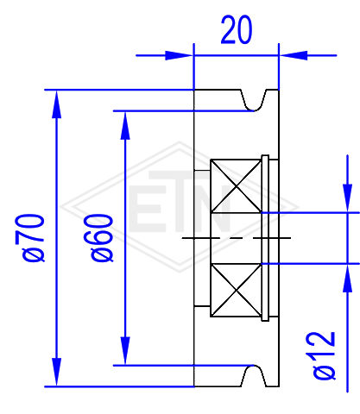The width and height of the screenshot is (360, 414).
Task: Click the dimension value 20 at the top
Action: click(x=237, y=30)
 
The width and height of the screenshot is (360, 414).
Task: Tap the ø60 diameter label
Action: click(x=102, y=238)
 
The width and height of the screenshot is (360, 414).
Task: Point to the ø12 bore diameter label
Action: click(x=324, y=355)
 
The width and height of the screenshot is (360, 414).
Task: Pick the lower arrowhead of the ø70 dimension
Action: click(x=56, y=373)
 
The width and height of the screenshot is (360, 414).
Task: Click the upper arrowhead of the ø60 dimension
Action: click(x=125, y=125)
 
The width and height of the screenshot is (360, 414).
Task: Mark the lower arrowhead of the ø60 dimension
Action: click(x=125, y=351)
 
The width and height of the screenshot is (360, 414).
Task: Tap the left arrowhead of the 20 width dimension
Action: click(x=179, y=55)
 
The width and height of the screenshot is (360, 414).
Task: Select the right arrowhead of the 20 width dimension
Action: click(x=294, y=55)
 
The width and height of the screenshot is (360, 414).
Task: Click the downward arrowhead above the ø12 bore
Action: click(x=348, y=198)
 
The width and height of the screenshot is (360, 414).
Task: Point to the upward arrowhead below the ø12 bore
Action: click(x=348, y=278)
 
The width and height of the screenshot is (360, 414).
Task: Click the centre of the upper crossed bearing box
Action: click(x=237, y=186)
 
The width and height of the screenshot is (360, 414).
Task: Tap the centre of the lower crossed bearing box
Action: click(x=237, y=290)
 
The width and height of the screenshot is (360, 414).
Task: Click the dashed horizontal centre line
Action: click(x=237, y=238)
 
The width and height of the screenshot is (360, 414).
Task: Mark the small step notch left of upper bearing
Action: click(x=202, y=171)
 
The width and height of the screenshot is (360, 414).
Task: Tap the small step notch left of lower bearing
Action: click(x=202, y=306)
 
